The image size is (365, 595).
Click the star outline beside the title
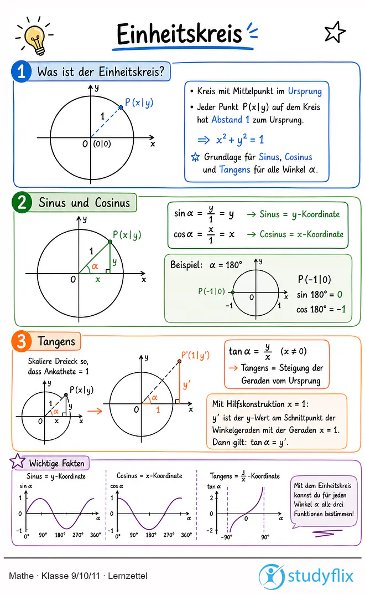tap(335, 33)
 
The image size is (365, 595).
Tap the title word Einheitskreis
tap(179, 34)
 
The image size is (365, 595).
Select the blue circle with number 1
tap(21, 71)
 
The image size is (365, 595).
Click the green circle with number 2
tap(22, 202)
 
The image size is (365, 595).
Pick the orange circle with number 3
tap(21, 341)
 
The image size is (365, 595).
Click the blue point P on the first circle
tap(121, 107)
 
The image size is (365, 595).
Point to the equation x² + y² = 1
tap(239, 139)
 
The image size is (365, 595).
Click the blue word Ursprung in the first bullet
tap(305, 91)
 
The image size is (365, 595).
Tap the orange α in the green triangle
tap(95, 266)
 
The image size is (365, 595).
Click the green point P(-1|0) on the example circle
tap(233, 292)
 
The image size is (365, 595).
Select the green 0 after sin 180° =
tap(340, 295)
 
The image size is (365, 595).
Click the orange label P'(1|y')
tap(195, 356)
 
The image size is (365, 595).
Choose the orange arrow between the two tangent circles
tap(95, 411)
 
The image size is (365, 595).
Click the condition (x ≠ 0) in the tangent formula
tap(294, 351)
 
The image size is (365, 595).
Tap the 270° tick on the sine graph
tap(77, 535)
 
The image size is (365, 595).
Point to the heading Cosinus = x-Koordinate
tap(149, 475)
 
